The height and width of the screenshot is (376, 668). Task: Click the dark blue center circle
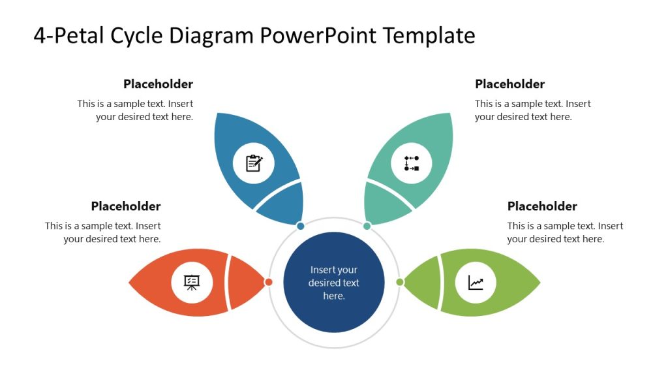tap(334, 283)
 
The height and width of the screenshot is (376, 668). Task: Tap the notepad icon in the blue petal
tap(254, 163)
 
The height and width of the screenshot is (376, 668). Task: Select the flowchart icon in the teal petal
tap(412, 163)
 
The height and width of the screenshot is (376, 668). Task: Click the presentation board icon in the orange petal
tap(192, 282)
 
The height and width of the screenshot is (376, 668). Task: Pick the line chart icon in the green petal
tap(476, 283)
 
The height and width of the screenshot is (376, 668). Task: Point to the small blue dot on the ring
tap(301, 226)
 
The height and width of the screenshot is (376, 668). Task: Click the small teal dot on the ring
tap(367, 226)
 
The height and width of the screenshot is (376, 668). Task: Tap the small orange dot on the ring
tap(268, 282)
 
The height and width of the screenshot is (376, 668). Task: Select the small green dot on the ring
tap(400, 282)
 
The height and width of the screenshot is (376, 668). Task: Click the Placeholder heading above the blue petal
tap(158, 84)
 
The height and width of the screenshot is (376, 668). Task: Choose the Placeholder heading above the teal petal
tap(509, 84)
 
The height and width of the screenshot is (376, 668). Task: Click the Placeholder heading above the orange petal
tap(126, 206)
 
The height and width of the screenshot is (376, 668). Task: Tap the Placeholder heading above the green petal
tap(542, 206)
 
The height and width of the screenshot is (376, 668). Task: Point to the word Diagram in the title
tap(213, 35)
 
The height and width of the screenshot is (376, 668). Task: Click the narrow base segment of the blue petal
tap(282, 204)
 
